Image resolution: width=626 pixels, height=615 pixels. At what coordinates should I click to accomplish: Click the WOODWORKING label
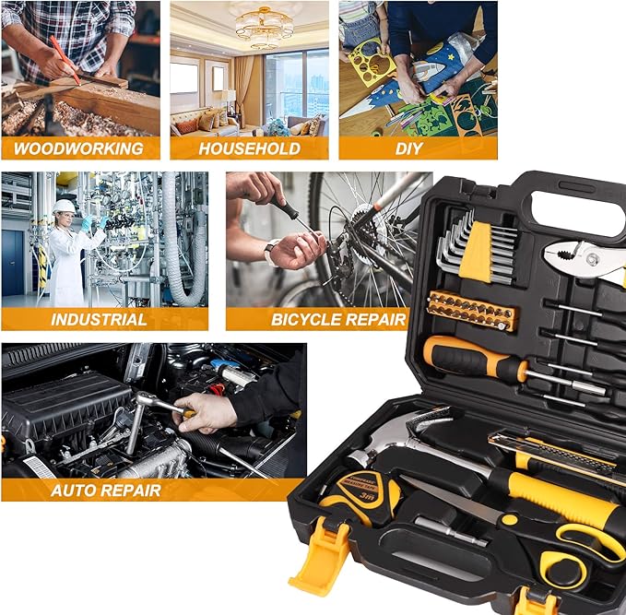[x=78, y=148]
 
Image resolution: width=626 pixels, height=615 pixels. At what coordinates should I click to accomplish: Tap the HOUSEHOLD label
[x=248, y=148]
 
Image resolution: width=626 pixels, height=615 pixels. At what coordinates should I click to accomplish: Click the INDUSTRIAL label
[x=99, y=320]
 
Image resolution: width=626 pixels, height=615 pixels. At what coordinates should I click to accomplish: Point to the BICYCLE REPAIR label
[x=338, y=320]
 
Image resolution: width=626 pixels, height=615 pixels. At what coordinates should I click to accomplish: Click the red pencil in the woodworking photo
[x=64, y=58]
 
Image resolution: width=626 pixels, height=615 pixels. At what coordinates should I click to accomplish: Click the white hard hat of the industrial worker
[x=64, y=207]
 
